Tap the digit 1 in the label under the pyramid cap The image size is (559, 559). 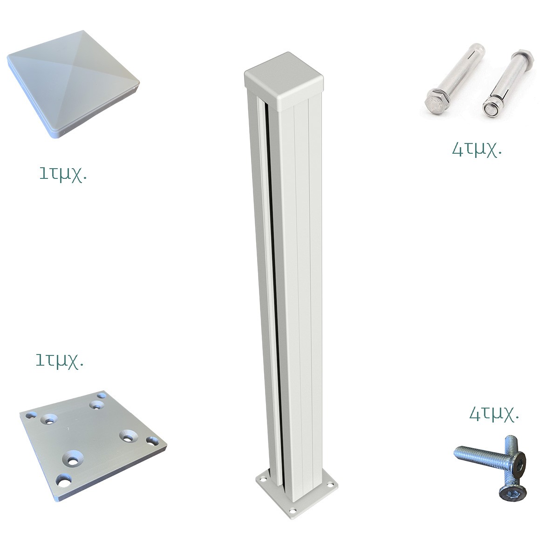pyautogui.click(x=43, y=173)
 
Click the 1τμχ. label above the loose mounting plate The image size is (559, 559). pyautogui.click(x=60, y=361)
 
